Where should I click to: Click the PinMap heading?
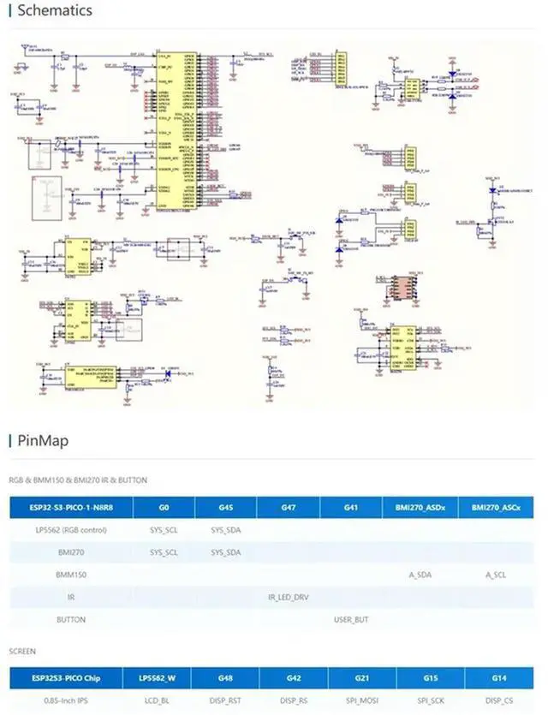43,441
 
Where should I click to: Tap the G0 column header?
163,508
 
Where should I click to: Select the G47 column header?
288,508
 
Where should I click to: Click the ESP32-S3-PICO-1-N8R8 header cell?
71,508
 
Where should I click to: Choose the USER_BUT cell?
350,618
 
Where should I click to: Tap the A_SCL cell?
497,575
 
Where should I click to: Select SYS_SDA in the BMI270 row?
225,552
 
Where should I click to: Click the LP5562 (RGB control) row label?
71,530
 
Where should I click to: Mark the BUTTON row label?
71,618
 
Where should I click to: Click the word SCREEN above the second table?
22,651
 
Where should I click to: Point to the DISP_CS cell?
499,700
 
